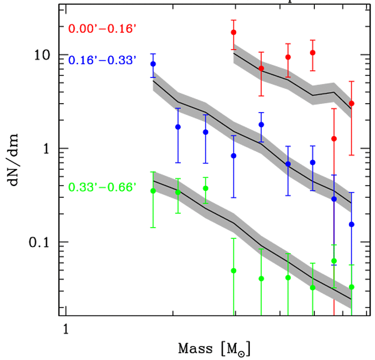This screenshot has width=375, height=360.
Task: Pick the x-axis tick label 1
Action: point(66,330)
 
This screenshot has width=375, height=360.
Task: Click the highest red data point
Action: point(234,32)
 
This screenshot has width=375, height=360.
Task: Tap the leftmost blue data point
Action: point(153,64)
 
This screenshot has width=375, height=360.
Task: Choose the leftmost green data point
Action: point(153,191)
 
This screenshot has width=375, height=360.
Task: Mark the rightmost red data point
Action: point(352,103)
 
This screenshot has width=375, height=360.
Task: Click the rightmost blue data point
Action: point(352,224)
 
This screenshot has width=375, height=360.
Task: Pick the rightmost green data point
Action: point(352,287)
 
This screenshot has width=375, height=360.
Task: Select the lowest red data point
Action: point(334,139)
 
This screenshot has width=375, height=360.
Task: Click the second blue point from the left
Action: point(178,127)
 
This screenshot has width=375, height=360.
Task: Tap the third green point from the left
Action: point(206,188)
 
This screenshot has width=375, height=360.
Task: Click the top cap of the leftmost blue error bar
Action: point(153,54)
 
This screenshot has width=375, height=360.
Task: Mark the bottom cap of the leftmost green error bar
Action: point(153,228)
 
